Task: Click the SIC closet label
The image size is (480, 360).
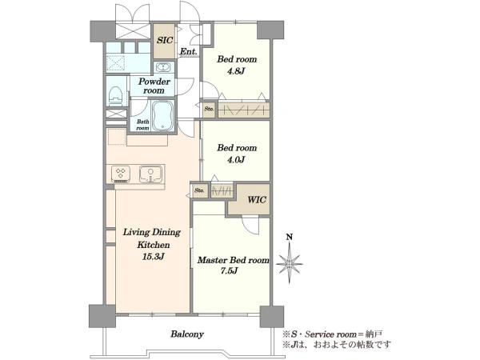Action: click(165, 40)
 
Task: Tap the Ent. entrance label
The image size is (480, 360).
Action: click(188, 52)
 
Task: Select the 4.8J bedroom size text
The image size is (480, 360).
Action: click(236, 71)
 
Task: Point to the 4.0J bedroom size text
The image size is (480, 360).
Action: click(236, 159)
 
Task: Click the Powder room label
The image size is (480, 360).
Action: click(154, 86)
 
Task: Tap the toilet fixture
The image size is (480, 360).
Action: click(116, 94)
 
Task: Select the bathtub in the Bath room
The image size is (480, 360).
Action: click(163, 115)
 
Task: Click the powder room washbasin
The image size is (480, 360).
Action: click(163, 67)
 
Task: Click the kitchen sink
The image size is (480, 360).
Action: click(150, 174)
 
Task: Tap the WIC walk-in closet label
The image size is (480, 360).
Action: click(257, 200)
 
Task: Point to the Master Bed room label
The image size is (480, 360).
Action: click(234, 260)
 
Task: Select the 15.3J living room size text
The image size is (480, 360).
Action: click(153, 257)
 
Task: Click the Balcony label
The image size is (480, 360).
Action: click(187, 334)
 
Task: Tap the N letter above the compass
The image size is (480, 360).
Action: click(289, 237)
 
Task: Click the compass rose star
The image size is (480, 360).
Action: click(290, 263)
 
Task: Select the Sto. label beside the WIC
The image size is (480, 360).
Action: click(199, 190)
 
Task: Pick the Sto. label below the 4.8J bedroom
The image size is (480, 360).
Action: click(209, 109)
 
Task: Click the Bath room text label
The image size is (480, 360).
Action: click(142, 125)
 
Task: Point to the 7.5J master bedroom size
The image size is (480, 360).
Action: click(229, 270)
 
